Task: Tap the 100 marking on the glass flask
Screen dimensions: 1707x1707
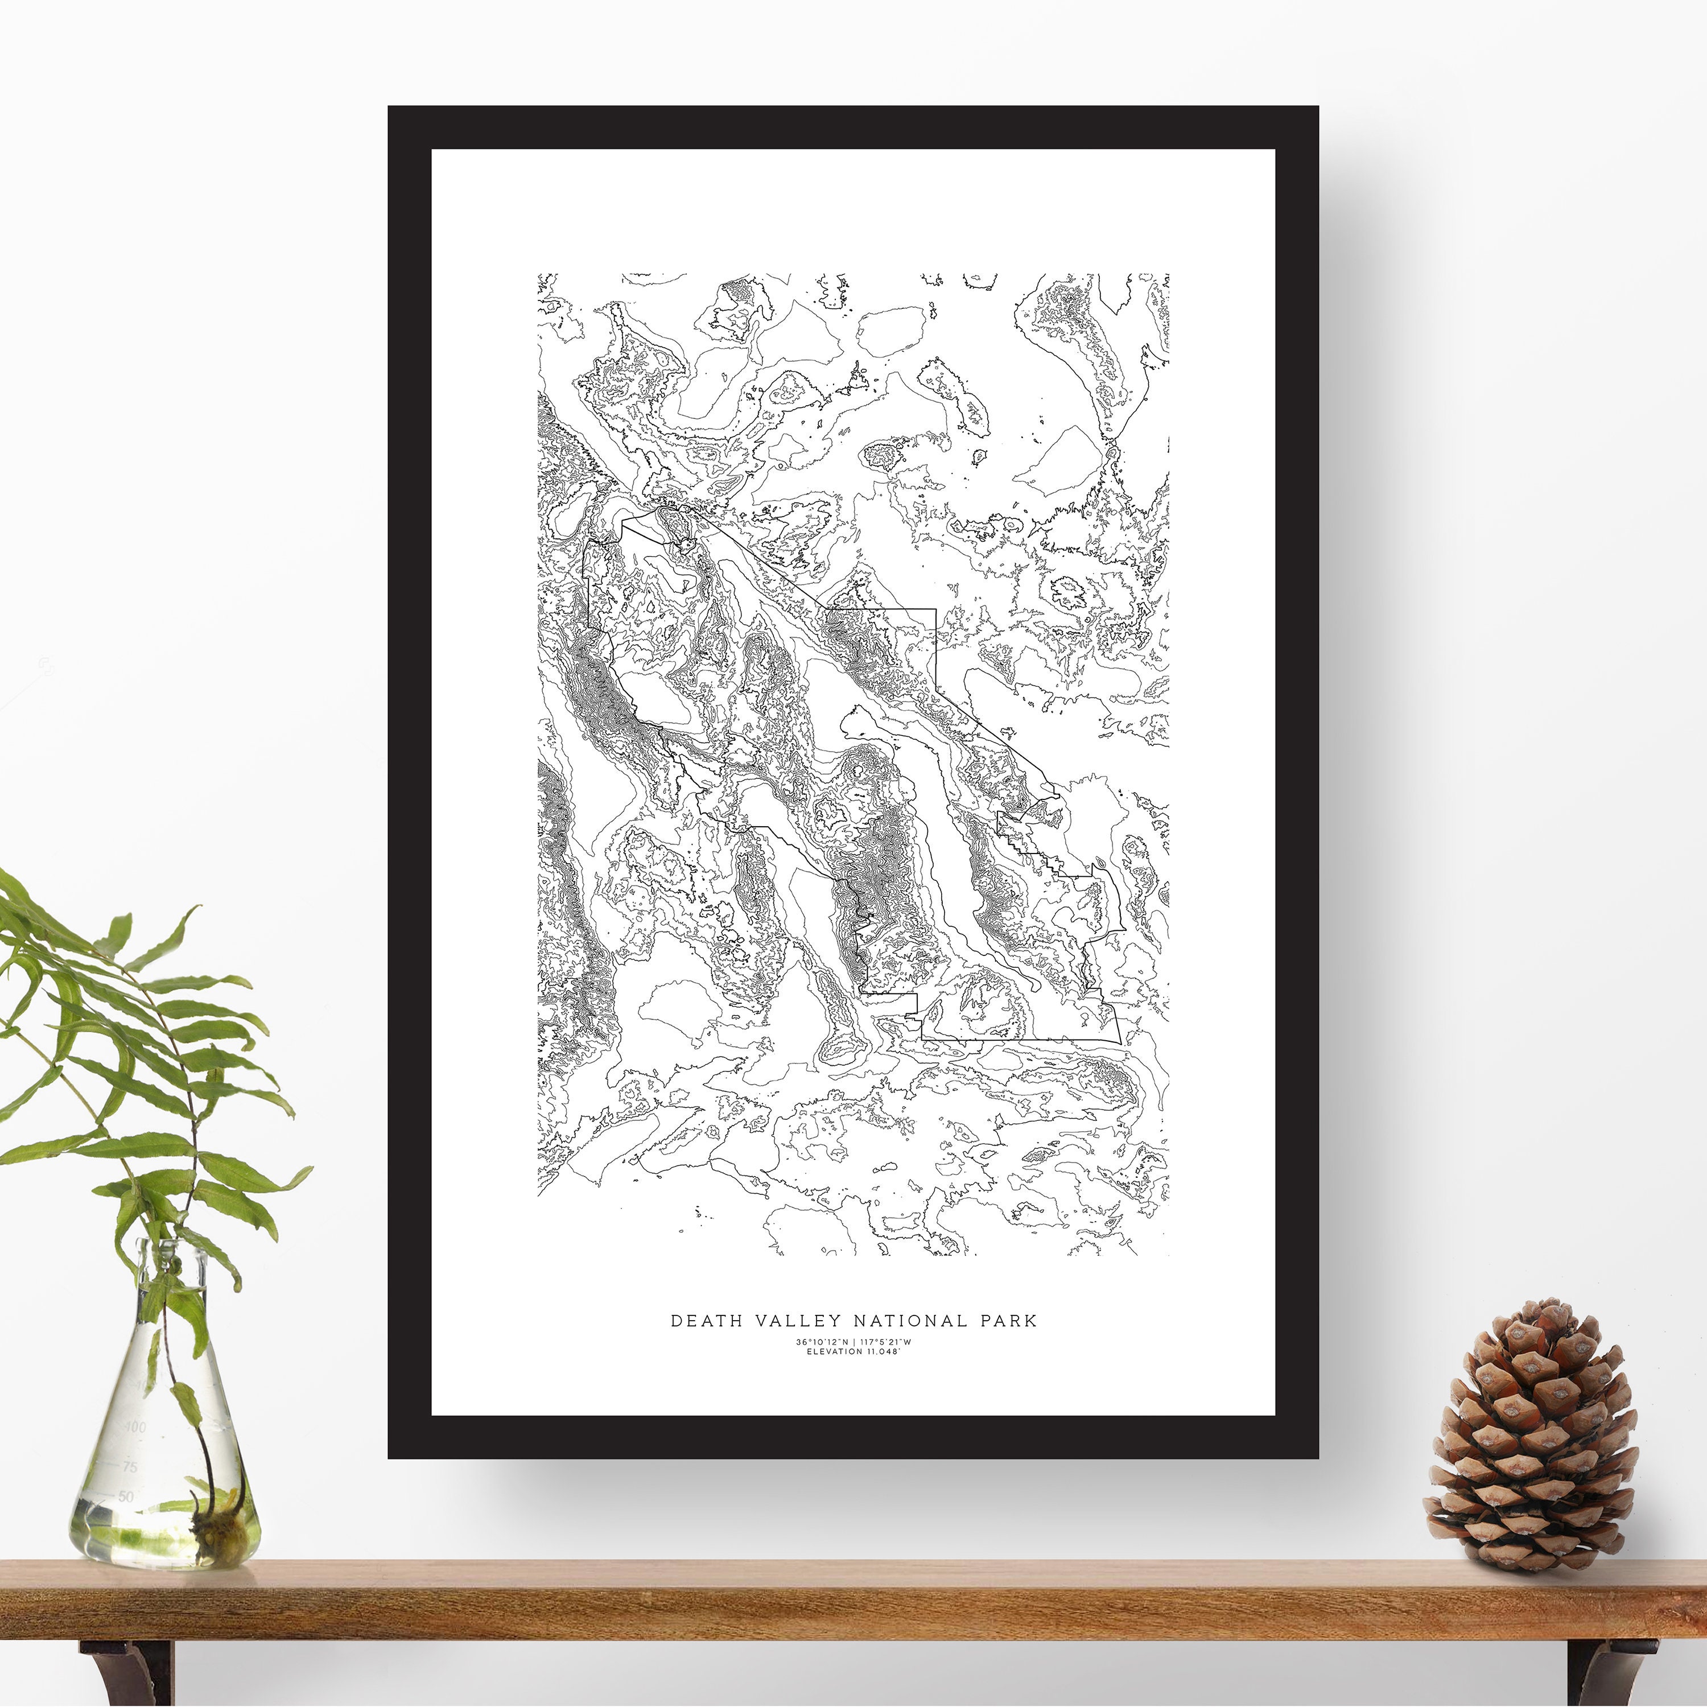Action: click(136, 1427)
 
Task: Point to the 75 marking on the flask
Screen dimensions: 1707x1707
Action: click(130, 1467)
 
